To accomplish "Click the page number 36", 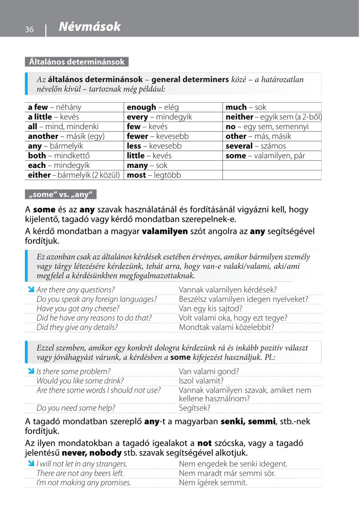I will point(29,30).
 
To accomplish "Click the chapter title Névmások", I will point(90,27).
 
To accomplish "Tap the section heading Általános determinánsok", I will point(76,62).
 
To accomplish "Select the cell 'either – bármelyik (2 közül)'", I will point(74,175).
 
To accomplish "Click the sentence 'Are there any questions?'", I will point(75,290).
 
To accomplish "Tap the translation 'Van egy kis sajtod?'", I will point(211,308).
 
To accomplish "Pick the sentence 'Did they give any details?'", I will point(77,327).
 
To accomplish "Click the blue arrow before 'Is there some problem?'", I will point(31,371).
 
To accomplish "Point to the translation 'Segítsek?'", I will point(194,408).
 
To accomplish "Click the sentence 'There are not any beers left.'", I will point(80,473).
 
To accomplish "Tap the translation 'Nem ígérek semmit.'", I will point(213,483).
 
